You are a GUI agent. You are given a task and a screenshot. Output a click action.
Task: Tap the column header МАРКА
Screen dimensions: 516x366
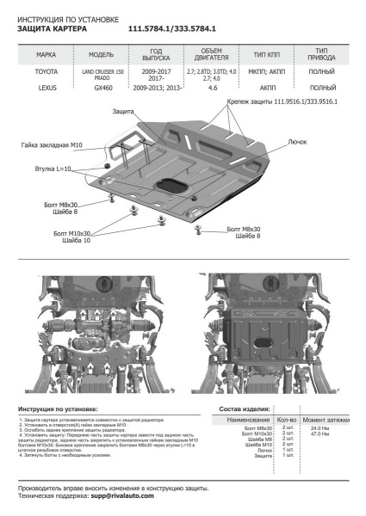point(47,54)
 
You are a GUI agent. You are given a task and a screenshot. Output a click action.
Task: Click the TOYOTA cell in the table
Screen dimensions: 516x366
point(47,75)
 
